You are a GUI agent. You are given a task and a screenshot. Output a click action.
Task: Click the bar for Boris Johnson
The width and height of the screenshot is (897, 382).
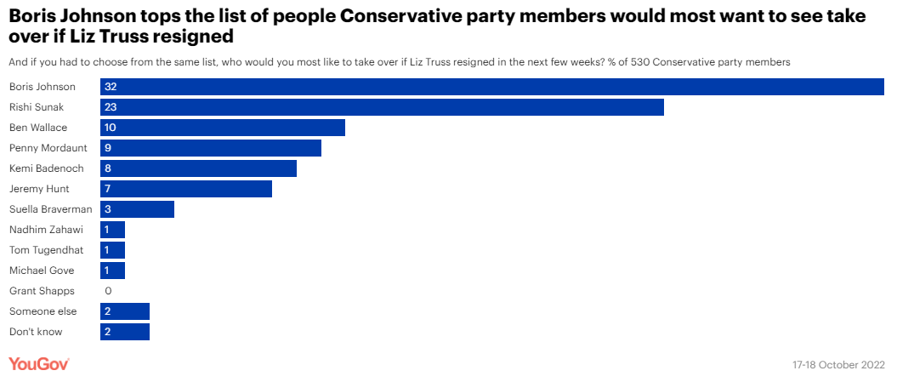point(491,87)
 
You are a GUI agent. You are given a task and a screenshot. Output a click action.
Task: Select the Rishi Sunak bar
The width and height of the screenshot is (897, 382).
point(382,107)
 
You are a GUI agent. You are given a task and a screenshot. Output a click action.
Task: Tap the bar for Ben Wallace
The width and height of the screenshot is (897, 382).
point(223,128)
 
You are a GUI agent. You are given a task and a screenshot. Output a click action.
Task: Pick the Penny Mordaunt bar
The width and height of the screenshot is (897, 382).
point(211,148)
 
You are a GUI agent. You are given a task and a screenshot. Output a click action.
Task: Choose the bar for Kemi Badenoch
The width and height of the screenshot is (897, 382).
point(198,168)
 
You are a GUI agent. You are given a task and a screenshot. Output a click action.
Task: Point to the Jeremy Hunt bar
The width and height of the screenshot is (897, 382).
point(186,189)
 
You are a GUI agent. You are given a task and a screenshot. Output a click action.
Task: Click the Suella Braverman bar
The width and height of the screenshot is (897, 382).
point(137,209)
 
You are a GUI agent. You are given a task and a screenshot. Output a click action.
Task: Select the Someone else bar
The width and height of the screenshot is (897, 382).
point(125,311)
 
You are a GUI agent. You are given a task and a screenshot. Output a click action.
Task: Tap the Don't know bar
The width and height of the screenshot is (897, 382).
point(125,332)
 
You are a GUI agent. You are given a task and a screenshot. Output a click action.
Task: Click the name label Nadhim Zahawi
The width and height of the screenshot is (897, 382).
point(46,230)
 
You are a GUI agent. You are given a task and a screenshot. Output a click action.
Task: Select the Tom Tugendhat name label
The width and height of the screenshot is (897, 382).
point(47,250)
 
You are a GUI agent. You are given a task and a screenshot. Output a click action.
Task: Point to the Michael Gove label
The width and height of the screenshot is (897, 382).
point(42,271)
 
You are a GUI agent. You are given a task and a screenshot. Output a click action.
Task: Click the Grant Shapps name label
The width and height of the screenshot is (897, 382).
point(42,291)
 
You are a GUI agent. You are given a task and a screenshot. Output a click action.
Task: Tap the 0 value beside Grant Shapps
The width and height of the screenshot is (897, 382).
point(108,291)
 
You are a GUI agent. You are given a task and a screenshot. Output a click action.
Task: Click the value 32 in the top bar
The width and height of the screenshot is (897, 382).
point(110,87)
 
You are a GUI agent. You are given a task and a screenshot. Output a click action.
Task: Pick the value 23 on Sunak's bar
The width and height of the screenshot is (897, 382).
point(110,107)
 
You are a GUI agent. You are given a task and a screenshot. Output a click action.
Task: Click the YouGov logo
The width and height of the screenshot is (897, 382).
point(38,364)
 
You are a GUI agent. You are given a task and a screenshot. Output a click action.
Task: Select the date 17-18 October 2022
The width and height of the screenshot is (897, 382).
point(839,365)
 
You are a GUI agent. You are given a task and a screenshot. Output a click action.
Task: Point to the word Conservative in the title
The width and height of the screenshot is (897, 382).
point(406,16)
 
